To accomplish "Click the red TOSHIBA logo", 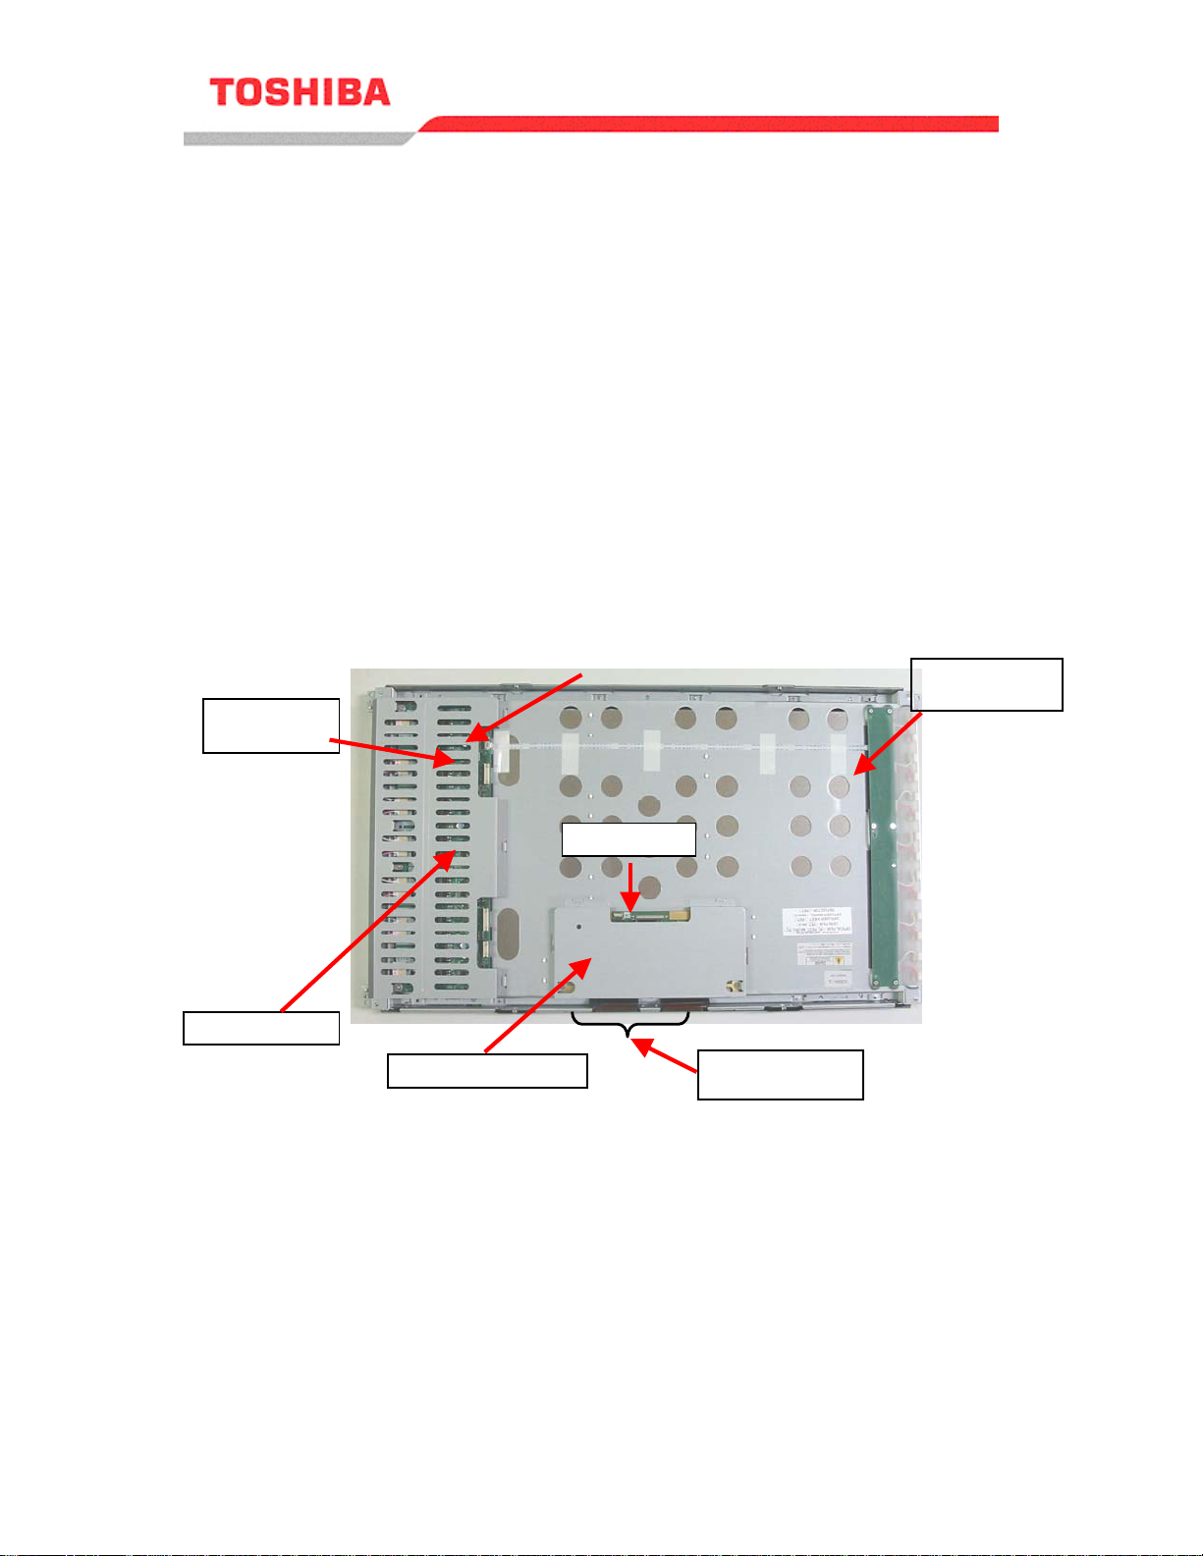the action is click(300, 92).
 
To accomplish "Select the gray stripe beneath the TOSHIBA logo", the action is click(295, 138).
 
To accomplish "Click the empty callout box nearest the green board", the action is click(987, 684).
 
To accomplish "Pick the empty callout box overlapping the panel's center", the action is click(629, 839).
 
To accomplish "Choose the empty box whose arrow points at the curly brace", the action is click(780, 1074).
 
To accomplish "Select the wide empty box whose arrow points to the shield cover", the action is click(487, 1070).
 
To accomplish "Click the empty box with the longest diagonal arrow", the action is click(261, 1028).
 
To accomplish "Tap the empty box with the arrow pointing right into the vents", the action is click(271, 725).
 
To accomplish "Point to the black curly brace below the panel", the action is click(629, 1021).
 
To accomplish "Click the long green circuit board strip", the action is click(881, 844).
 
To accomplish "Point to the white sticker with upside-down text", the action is click(816, 921).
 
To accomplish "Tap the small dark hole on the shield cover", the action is click(578, 925).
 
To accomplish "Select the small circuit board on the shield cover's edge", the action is click(650, 915).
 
